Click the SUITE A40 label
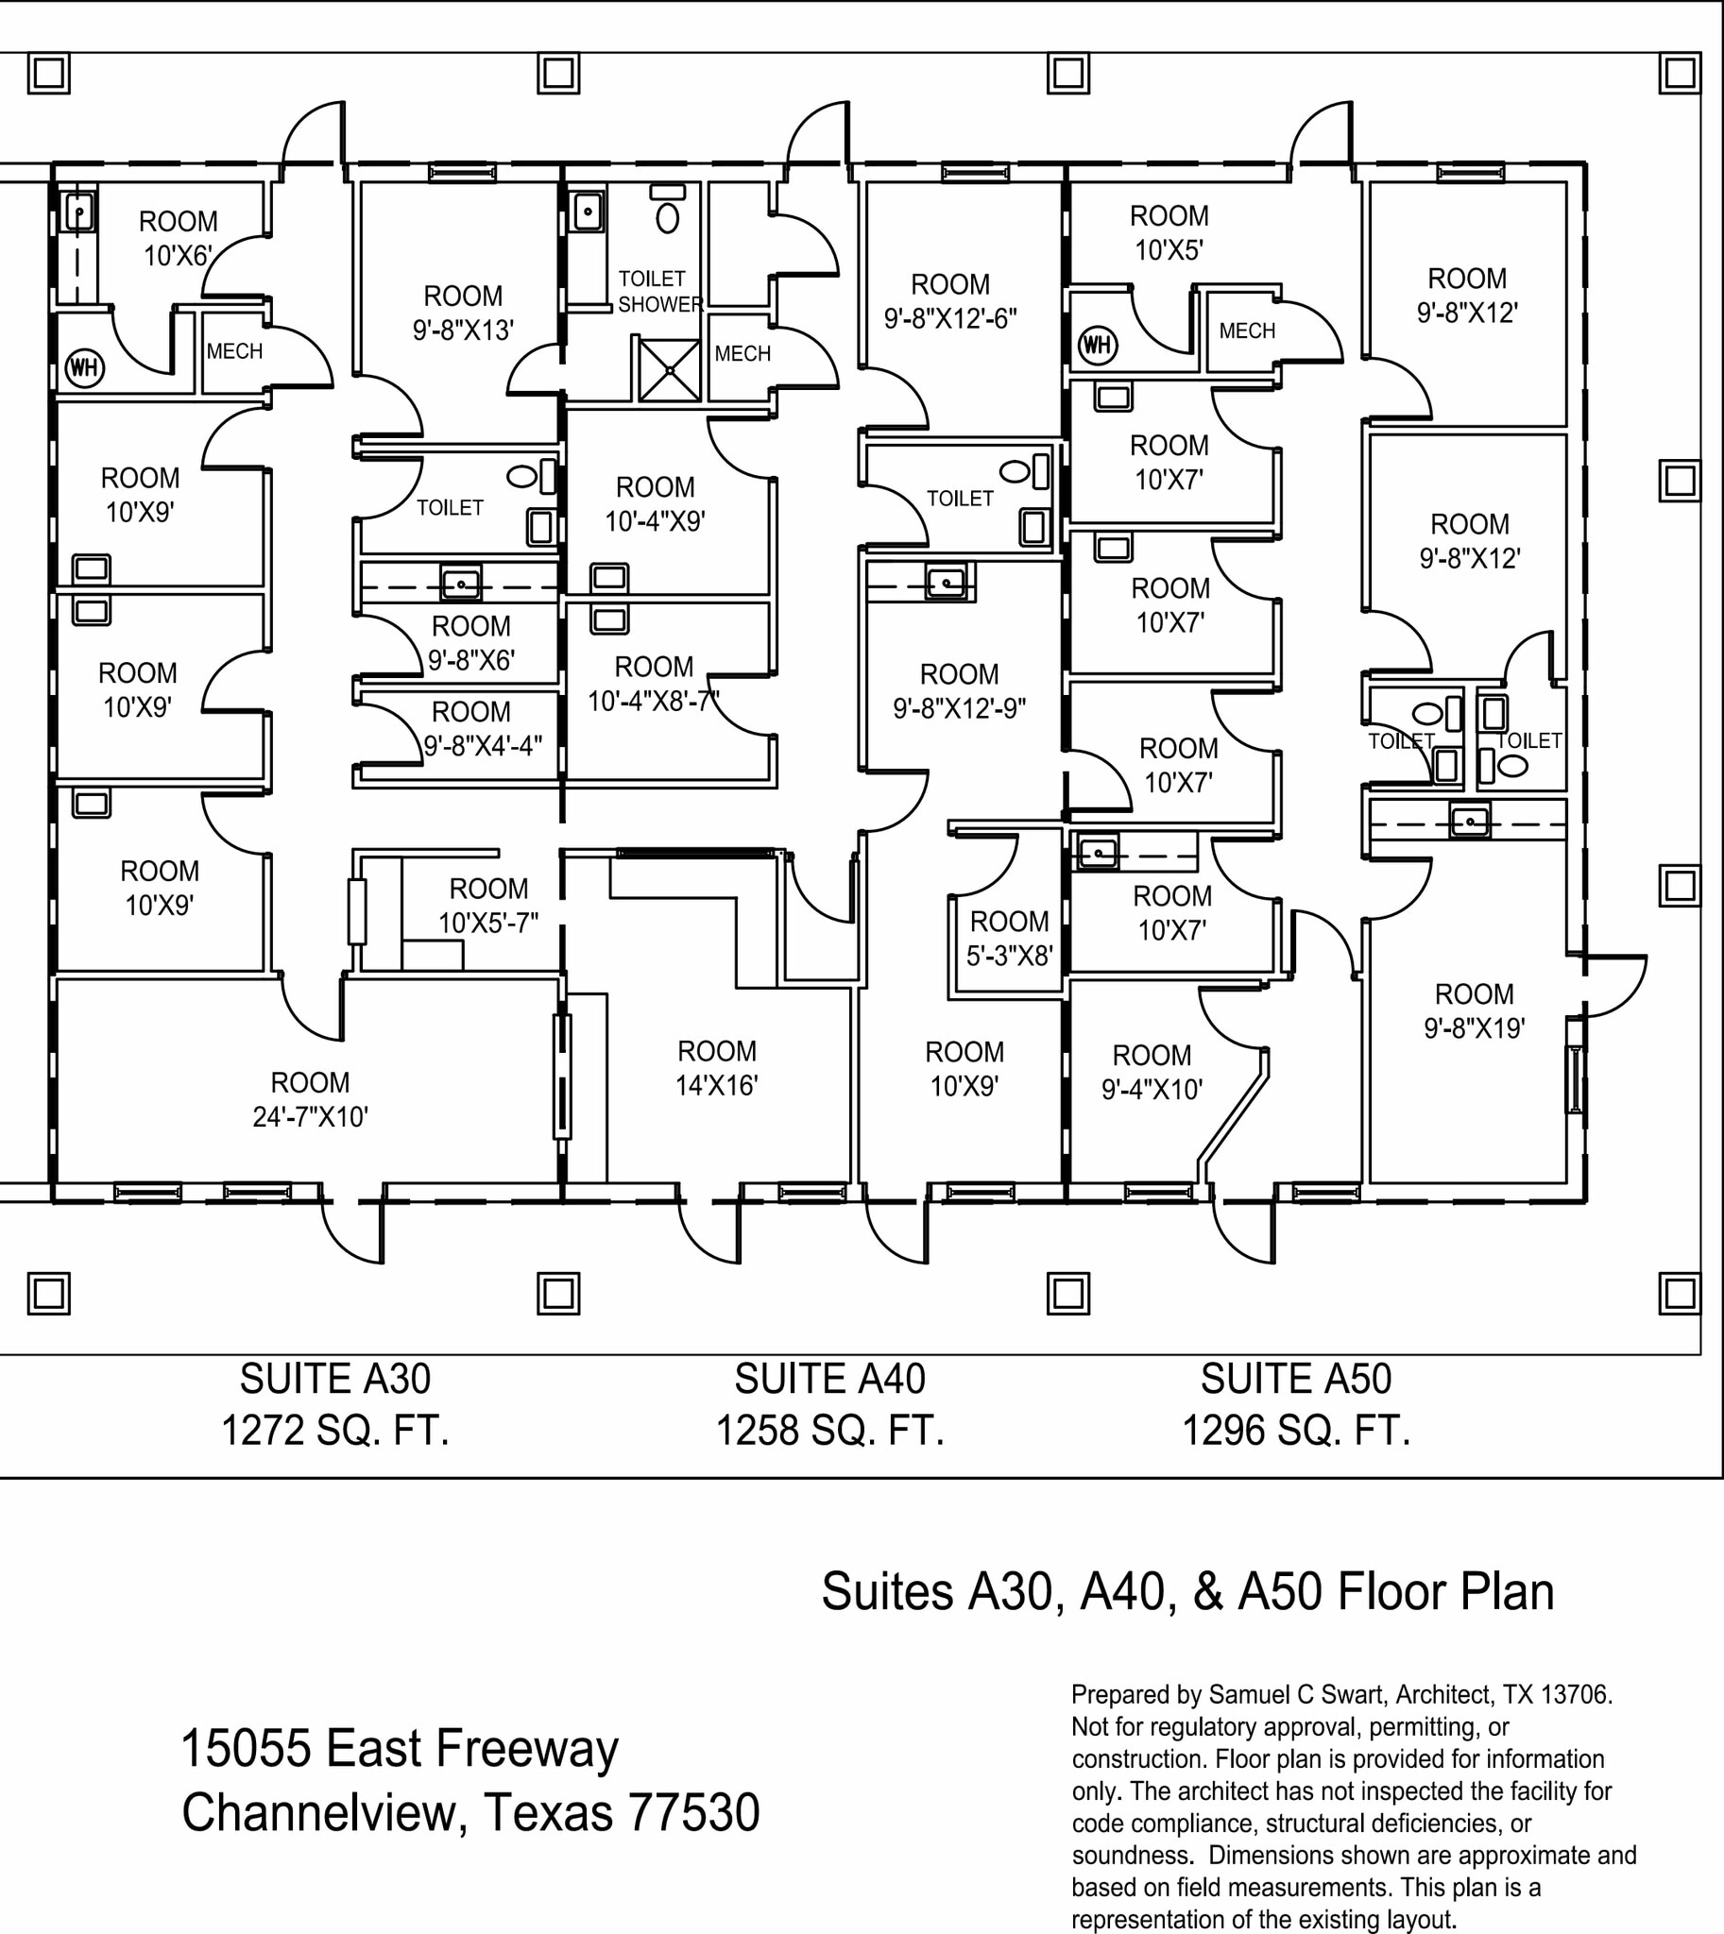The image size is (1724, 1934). tap(828, 1379)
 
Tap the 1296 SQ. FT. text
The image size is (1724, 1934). tap(1295, 1430)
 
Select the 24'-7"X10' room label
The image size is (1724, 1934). tap(310, 1116)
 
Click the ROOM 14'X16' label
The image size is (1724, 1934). tap(716, 1068)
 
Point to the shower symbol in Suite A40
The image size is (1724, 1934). tap(669, 369)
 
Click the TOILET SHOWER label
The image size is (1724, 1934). tap(659, 292)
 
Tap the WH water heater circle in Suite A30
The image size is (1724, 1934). tap(83, 366)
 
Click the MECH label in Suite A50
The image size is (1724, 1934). tap(1247, 331)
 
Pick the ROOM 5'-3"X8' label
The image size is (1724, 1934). tap(1009, 939)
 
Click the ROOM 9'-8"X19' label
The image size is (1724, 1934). tap(1474, 1010)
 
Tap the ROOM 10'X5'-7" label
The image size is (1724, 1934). tap(487, 906)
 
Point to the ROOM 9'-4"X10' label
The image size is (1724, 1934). tap(1151, 1072)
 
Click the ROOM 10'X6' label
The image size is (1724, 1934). tap(179, 239)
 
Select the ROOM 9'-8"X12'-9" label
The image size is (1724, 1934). tap(959, 691)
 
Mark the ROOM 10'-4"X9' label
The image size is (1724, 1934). tap(655, 504)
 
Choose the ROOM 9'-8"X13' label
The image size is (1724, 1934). tap(462, 313)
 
